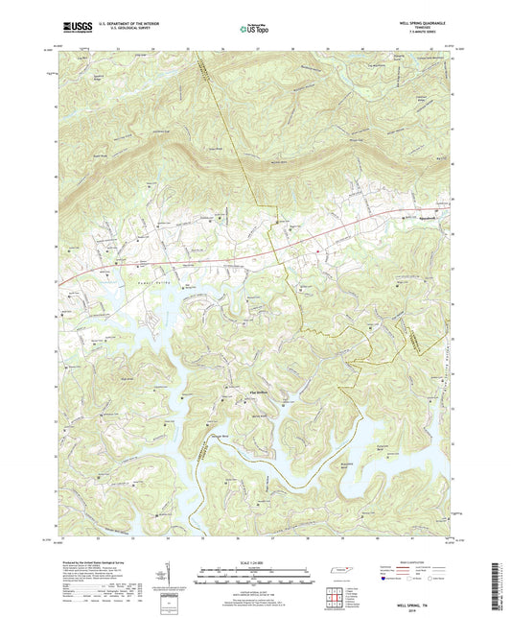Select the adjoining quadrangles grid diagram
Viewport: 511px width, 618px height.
point(335,596)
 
